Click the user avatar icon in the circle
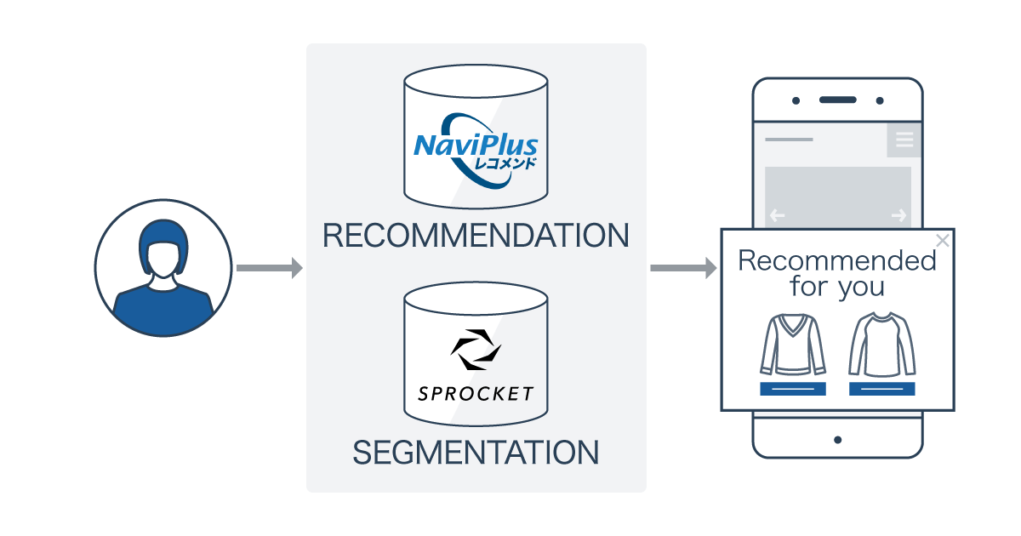[x=163, y=268]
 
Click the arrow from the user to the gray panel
[x=269, y=268]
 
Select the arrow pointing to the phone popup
[x=683, y=268]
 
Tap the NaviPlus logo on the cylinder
[x=476, y=148]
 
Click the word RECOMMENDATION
[x=476, y=236]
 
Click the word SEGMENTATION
[x=476, y=453]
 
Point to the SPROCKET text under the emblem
[x=476, y=394]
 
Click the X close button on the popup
[x=942, y=241]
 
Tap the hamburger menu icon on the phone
[x=904, y=140]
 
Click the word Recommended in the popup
[x=837, y=260]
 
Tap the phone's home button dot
[x=837, y=440]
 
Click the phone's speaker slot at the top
[x=837, y=100]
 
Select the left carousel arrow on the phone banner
[x=777, y=216]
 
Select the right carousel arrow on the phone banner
[x=898, y=216]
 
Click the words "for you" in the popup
[x=837, y=288]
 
